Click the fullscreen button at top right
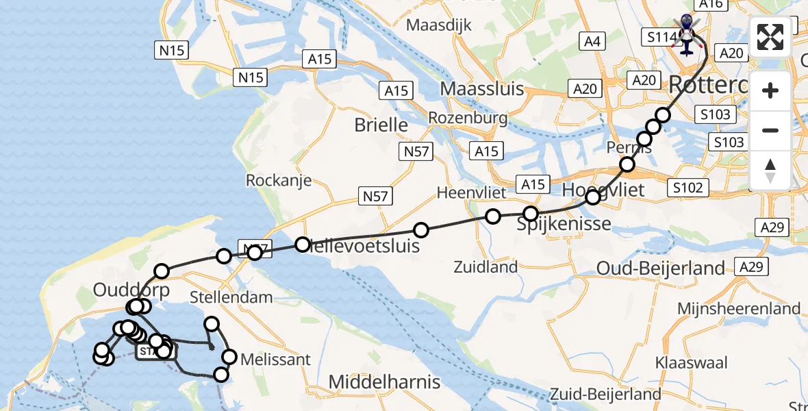tap(770, 37)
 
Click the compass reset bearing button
tap(770, 170)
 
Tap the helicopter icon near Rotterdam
tap(687, 34)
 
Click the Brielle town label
tap(381, 125)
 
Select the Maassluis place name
tap(482, 88)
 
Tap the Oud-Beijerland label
tap(661, 268)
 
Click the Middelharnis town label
tap(385, 382)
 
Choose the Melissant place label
tap(275, 359)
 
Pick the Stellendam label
tap(231, 297)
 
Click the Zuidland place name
tap(485, 266)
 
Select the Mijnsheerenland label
tap(739, 308)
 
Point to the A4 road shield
tap(592, 42)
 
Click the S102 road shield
tap(687, 187)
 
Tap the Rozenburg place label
tap(468, 118)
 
